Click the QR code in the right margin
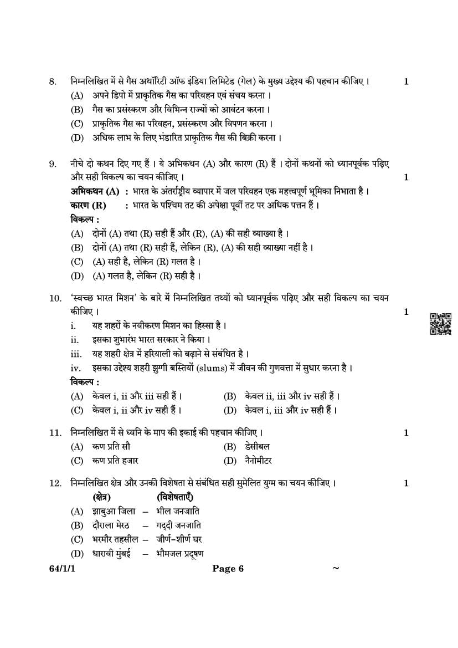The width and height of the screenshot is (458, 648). point(440,324)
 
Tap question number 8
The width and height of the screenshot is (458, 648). point(53,82)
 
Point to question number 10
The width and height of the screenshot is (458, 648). point(55,298)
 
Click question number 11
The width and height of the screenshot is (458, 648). point(54,432)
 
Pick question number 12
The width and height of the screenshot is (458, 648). point(54,483)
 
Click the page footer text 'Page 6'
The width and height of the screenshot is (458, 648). point(228,568)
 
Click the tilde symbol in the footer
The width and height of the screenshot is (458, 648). point(335,568)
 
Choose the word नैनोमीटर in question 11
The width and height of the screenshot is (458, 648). point(258,461)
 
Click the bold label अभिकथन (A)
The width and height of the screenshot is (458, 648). point(95,191)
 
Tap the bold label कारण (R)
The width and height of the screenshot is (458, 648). point(88,205)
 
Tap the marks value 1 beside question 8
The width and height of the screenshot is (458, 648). point(406,82)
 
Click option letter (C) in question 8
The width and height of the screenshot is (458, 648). point(77,123)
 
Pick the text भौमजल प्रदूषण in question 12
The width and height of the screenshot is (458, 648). point(180,553)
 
